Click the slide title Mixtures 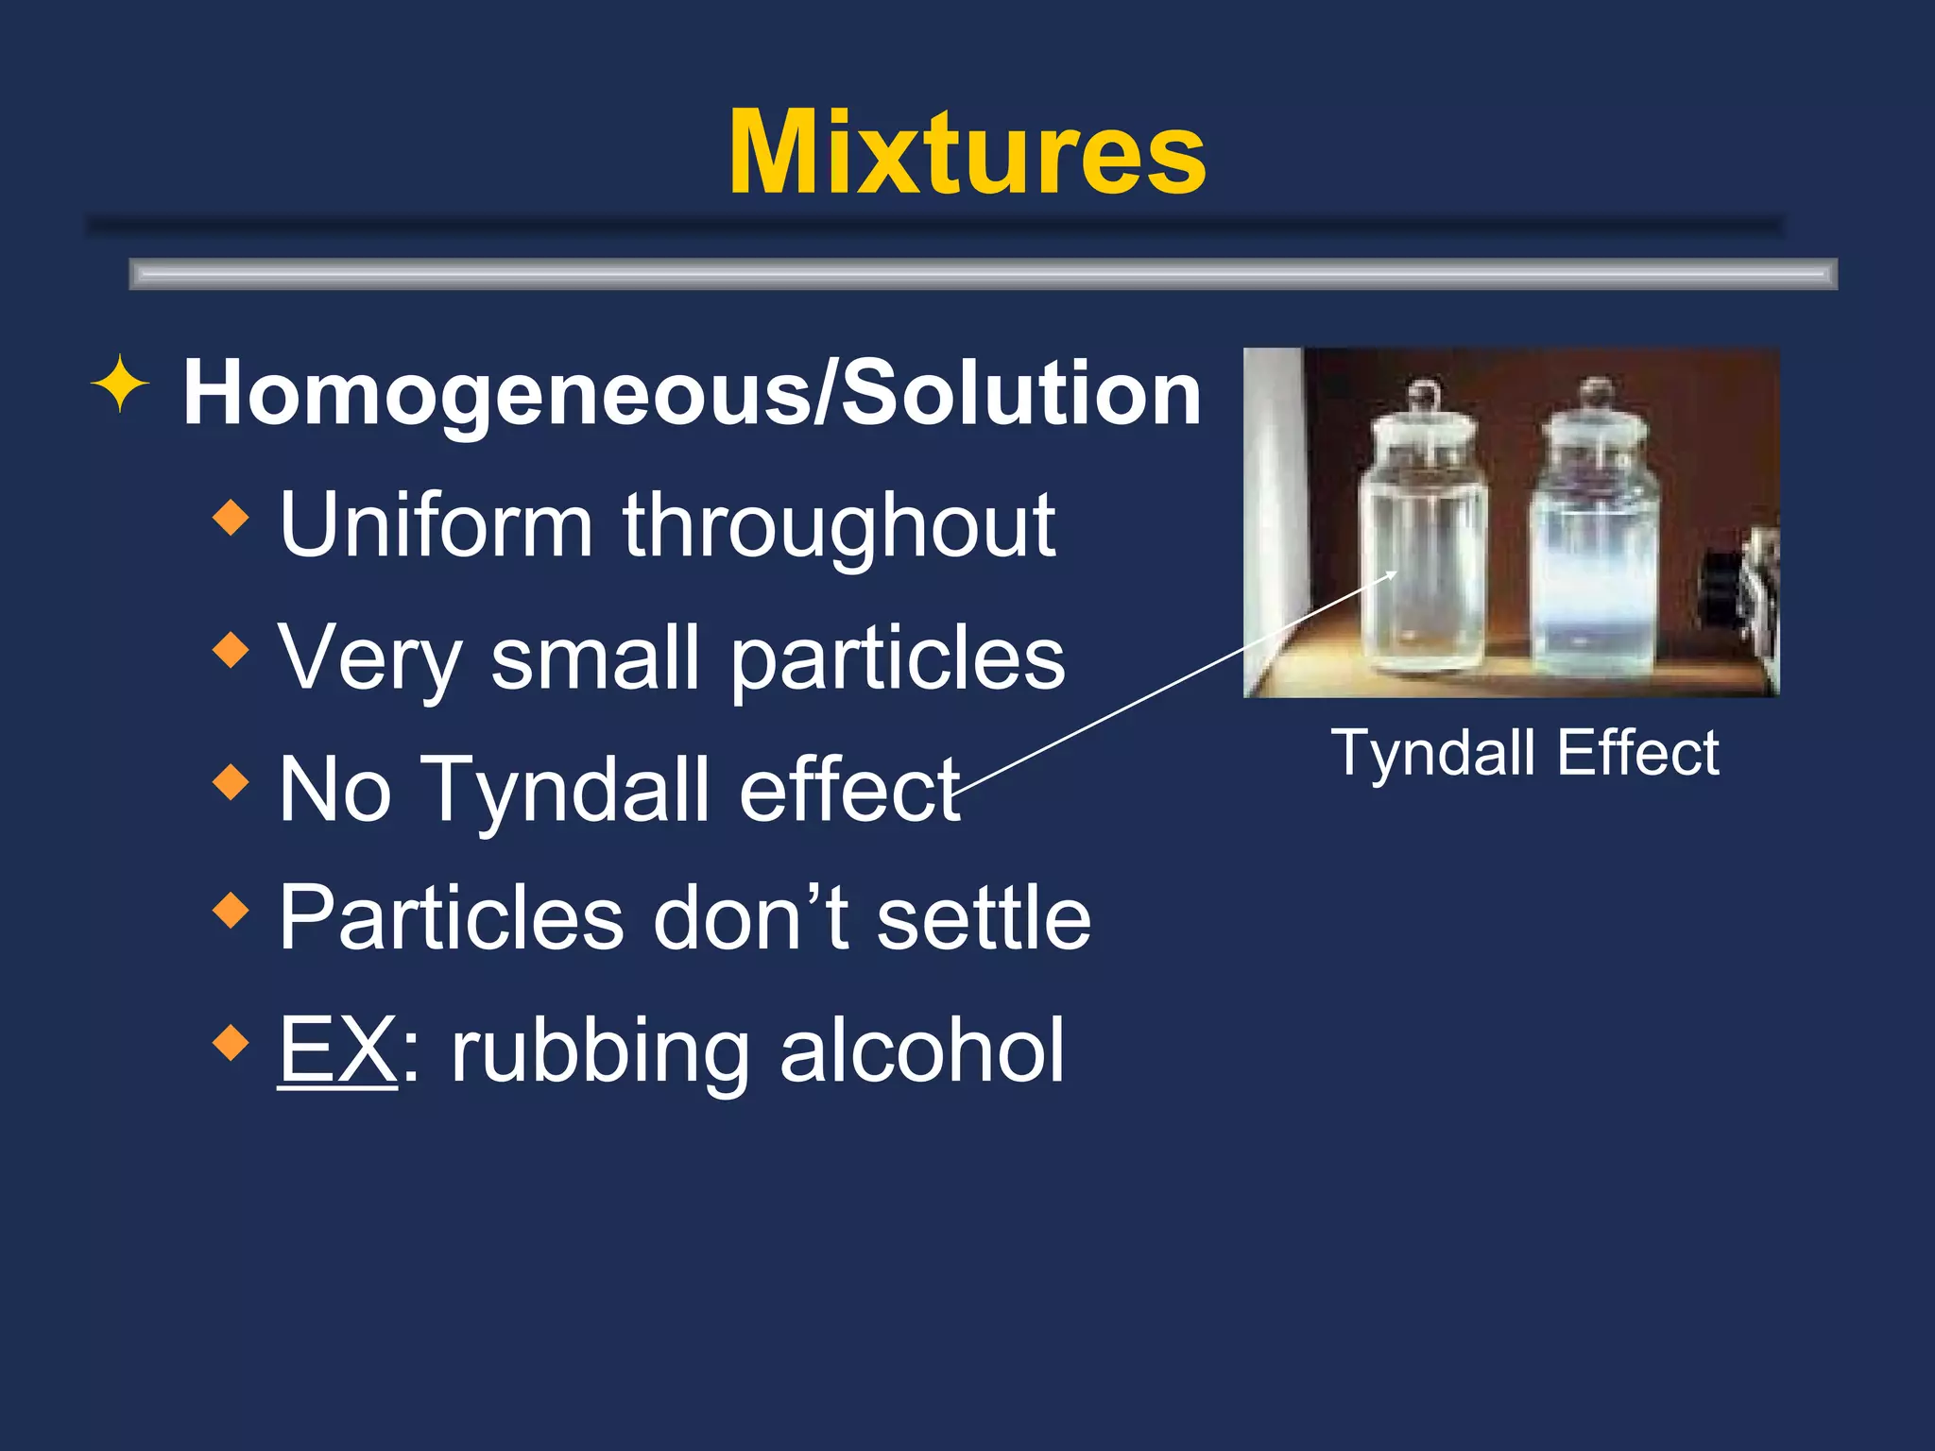[x=967, y=153]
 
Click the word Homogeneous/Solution [x=692, y=393]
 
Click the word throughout [x=839, y=527]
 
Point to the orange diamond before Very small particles [x=231, y=650]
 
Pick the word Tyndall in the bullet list [x=564, y=790]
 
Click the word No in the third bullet [x=335, y=790]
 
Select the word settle [x=984, y=918]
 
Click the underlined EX [x=337, y=1050]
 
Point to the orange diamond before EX [x=231, y=1043]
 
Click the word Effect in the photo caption [x=1638, y=754]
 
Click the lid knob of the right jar [x=1597, y=391]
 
